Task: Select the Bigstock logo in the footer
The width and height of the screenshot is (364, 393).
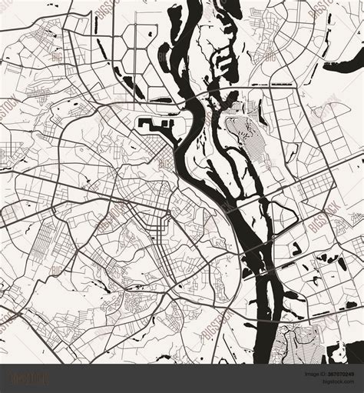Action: coord(28,378)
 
